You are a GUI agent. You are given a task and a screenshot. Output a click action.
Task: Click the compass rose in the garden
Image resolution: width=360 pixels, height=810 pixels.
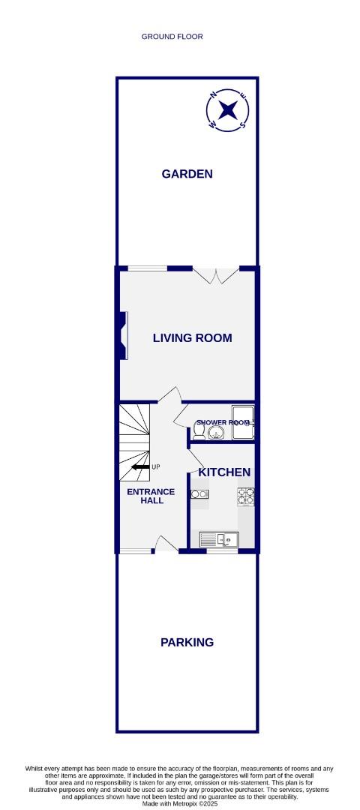click(229, 110)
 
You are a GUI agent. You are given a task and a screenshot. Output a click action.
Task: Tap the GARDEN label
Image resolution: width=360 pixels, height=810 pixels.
click(187, 174)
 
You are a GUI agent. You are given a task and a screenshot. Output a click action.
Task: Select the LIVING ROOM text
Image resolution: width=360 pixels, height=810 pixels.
click(192, 338)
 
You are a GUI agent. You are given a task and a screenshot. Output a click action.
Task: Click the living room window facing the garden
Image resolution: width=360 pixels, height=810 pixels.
click(146, 268)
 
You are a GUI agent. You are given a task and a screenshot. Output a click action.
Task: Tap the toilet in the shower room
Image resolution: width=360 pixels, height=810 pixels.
click(199, 434)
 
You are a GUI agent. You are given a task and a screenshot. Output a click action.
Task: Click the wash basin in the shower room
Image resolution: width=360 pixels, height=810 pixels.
click(217, 433)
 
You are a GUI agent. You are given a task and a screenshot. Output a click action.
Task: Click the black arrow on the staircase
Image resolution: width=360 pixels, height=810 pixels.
click(139, 466)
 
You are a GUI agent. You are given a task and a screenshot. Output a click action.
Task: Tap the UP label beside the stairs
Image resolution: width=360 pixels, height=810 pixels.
click(156, 467)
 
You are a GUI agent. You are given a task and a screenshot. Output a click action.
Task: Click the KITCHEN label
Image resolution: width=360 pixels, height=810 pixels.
click(223, 472)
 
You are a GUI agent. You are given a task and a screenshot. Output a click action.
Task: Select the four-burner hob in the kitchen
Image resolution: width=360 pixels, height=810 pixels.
click(245, 496)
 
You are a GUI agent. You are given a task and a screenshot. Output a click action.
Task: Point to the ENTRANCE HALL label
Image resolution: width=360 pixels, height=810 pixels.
click(150, 497)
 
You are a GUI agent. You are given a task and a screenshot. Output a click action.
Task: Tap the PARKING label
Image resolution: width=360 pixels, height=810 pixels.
click(187, 642)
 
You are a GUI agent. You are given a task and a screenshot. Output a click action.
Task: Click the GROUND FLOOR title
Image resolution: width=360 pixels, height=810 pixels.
click(172, 36)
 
